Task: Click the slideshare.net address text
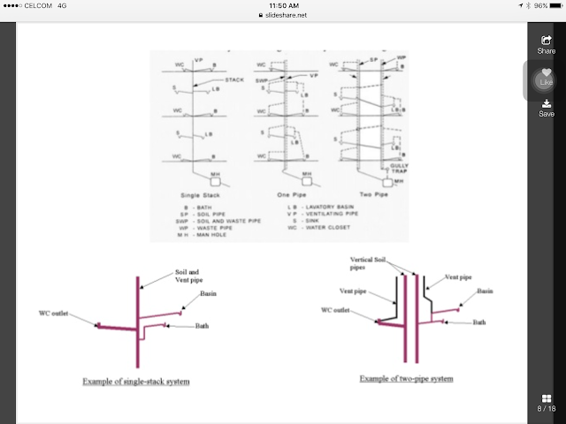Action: coord(283,15)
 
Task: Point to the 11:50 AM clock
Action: coord(282,4)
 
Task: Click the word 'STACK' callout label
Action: coord(233,79)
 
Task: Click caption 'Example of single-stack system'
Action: coord(135,382)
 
